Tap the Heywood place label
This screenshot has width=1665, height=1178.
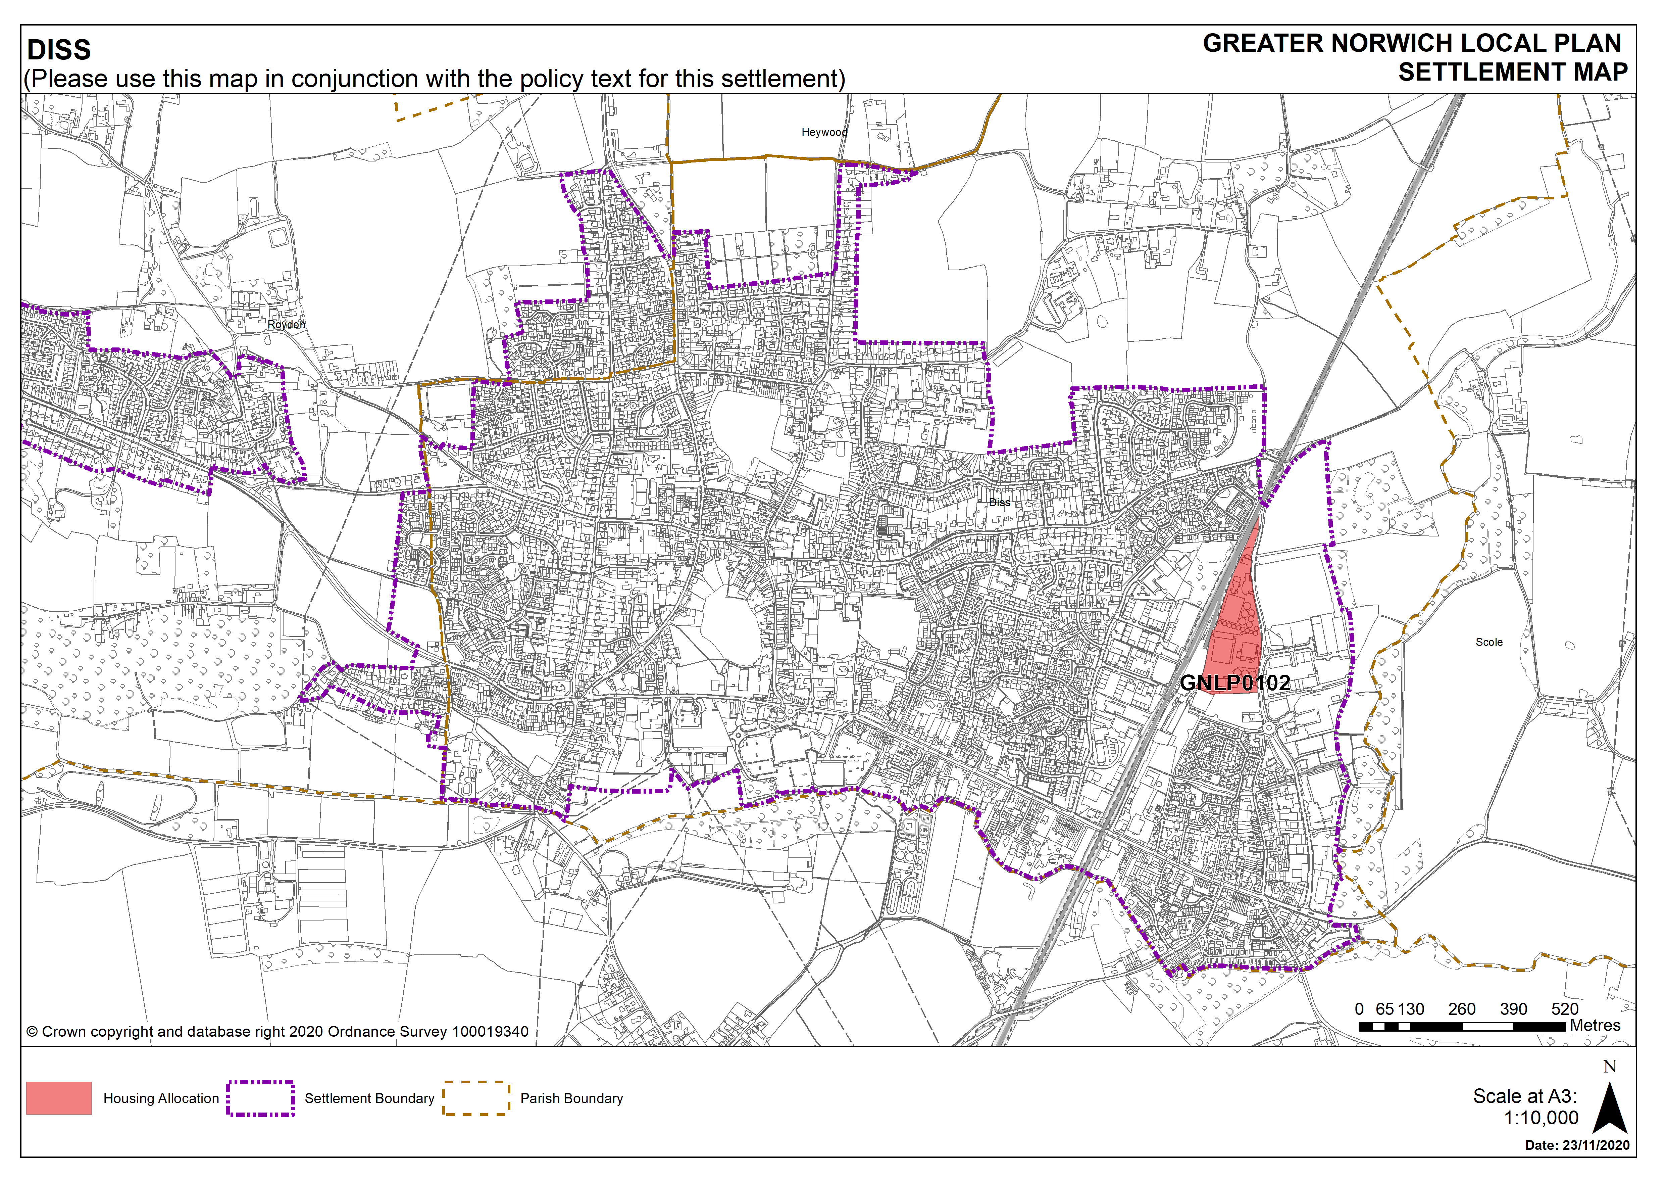click(x=824, y=132)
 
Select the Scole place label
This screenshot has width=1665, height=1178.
click(x=1489, y=642)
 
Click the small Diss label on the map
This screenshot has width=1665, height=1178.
click(x=999, y=502)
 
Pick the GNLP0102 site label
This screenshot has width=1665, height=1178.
click(x=1235, y=682)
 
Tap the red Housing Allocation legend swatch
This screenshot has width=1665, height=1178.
click(x=59, y=1097)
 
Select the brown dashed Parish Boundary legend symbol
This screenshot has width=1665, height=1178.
click(x=476, y=1097)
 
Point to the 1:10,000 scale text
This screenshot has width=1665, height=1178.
click(x=1541, y=1118)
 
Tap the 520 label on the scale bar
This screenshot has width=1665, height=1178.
click(x=1565, y=1009)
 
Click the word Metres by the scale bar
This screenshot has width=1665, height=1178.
click(x=1595, y=1025)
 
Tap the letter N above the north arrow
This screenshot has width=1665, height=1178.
click(x=1610, y=1066)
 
